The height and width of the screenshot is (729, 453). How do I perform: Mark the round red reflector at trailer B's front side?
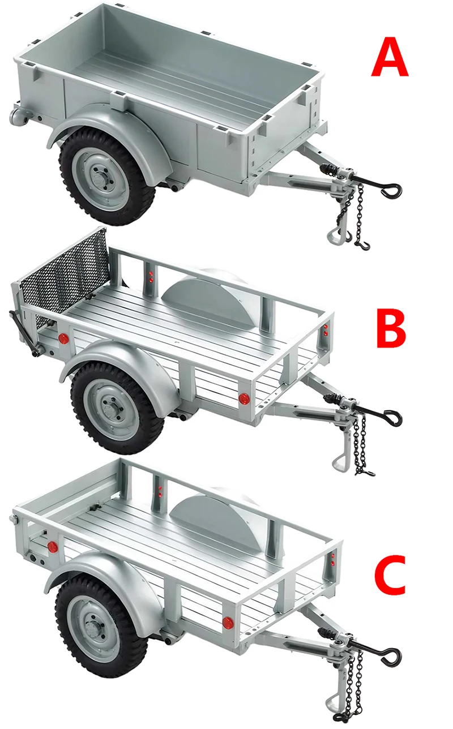(x=245, y=398)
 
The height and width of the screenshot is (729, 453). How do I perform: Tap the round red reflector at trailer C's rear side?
(x=53, y=546)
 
